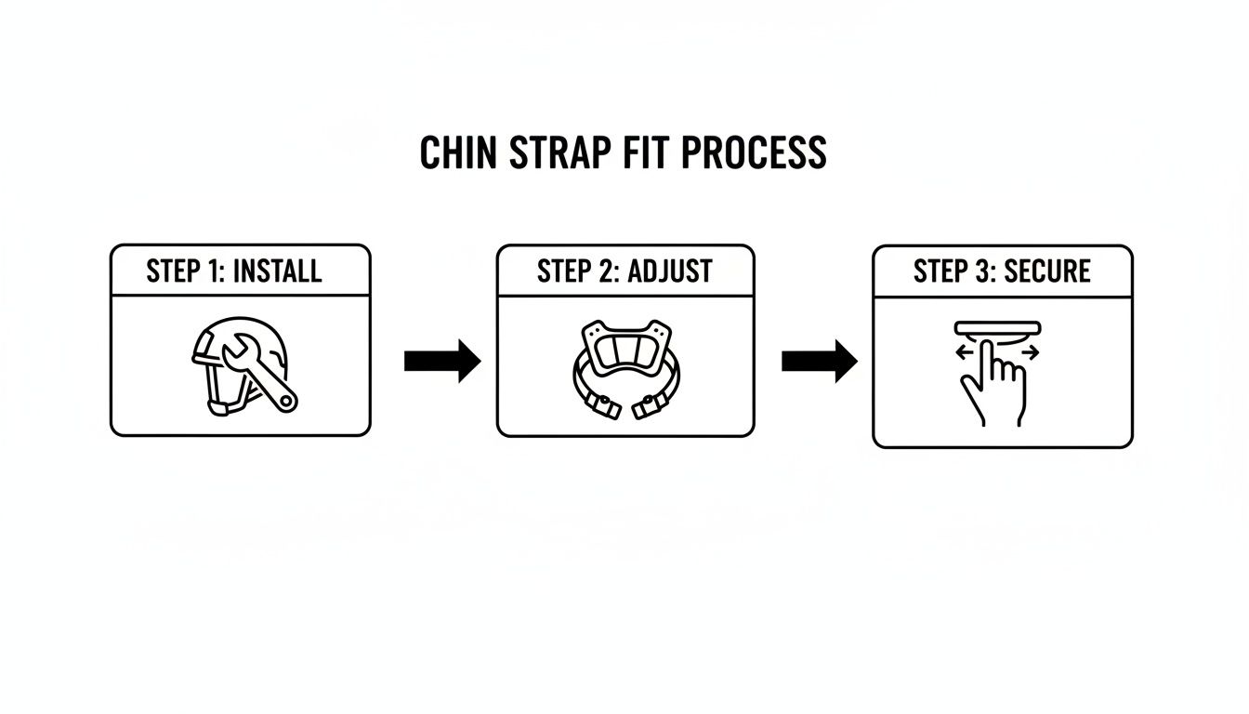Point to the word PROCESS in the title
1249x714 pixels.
pos(753,152)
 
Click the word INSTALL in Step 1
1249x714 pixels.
pos(277,271)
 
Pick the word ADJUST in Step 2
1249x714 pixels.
pos(670,271)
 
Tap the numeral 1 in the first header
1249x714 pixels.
pos(216,271)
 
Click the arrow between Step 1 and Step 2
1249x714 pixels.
pos(442,361)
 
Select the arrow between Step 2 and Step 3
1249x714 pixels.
pos(819,361)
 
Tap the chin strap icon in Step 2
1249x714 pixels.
pos(625,368)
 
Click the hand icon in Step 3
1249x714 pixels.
pos(994,386)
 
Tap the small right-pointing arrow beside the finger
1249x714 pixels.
pos(1029,353)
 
